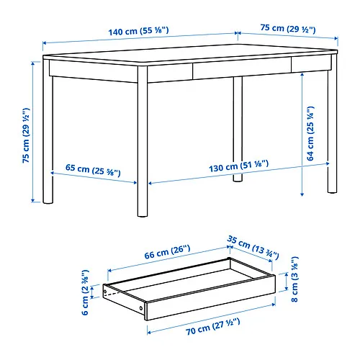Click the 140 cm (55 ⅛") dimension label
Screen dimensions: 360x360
[x=138, y=31]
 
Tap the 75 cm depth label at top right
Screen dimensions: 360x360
[x=288, y=29]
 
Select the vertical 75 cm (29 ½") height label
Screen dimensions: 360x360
[x=26, y=135]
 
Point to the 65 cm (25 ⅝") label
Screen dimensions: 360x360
[x=93, y=169]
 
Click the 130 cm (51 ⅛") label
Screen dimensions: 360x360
[x=239, y=166]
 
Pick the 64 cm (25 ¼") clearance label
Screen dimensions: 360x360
[x=310, y=133]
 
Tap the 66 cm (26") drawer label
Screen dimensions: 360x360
[x=167, y=252]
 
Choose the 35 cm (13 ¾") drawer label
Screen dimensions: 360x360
[x=253, y=248]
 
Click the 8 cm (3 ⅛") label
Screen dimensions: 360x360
[x=294, y=279]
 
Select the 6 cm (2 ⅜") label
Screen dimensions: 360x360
[x=85, y=292]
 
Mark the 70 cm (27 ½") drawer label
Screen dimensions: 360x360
[x=213, y=327]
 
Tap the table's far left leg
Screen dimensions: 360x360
[x=48, y=132]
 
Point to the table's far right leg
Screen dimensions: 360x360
[x=333, y=124]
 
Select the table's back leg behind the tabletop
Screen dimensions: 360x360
[x=238, y=129]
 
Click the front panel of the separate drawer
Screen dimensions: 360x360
[x=211, y=297]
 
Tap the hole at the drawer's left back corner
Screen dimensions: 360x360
[x=105, y=292]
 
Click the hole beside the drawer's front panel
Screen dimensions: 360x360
[x=141, y=308]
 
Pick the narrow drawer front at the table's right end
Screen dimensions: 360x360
[x=312, y=64]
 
